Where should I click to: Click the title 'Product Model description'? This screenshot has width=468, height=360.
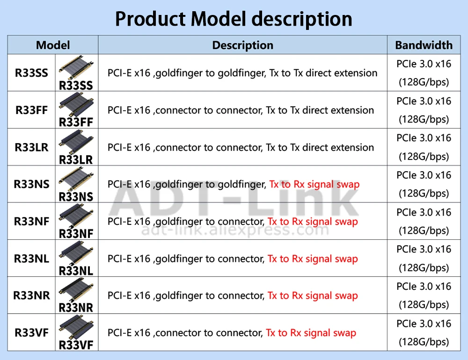[234, 19]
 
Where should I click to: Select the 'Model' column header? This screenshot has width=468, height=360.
[53, 45]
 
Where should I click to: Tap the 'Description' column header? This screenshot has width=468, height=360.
[242, 45]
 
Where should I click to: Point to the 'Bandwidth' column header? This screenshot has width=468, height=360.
[424, 45]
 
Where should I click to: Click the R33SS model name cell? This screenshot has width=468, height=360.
[31, 73]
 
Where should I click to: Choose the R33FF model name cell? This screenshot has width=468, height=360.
[31, 110]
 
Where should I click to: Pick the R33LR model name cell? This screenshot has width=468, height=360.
[31, 147]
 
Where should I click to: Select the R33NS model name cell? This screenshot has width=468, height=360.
[31, 184]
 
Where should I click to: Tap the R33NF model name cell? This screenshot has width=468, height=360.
[31, 221]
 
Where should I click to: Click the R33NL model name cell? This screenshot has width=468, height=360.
[31, 259]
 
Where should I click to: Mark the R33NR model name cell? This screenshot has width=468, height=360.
[31, 295]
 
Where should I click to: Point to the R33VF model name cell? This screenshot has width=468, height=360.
[31, 333]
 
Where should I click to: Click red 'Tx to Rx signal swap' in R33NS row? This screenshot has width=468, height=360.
[314, 184]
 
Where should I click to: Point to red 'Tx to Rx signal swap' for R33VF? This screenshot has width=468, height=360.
[311, 333]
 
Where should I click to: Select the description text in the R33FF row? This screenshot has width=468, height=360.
[241, 110]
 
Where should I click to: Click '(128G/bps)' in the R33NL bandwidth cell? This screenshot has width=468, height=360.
[424, 268]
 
